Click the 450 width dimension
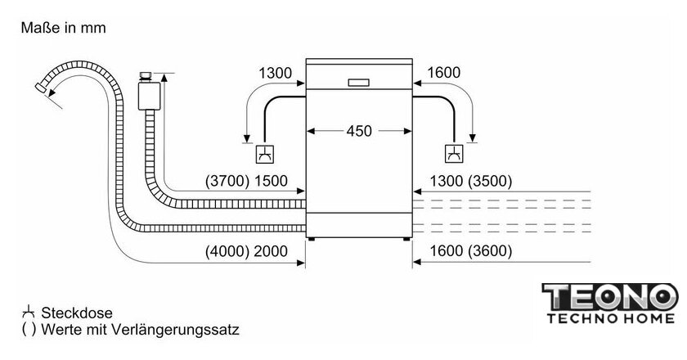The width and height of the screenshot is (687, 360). click(359, 131)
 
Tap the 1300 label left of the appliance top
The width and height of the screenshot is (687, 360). click(275, 73)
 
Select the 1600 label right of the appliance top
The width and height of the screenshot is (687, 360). click(443, 72)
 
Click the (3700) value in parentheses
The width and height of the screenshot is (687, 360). click(227, 181)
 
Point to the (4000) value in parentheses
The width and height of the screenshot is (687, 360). click(227, 251)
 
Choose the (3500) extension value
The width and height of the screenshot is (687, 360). click(490, 181)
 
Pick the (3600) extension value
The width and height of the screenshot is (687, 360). click(490, 251)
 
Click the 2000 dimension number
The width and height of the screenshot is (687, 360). click(271, 251)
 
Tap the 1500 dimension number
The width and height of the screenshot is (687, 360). click(271, 181)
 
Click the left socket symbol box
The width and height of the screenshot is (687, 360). click(265, 154)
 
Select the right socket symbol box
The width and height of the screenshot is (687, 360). click(455, 154)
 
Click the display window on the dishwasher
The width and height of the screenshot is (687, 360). click(359, 83)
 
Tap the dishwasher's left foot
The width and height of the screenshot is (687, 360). click(311, 240)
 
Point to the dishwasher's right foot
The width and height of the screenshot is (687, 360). click(407, 240)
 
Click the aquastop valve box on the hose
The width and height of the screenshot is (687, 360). click(149, 95)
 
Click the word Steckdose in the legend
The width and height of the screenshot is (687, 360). click(77, 313)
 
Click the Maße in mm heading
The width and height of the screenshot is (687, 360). click(64, 28)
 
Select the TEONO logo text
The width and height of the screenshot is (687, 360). click(610, 297)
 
